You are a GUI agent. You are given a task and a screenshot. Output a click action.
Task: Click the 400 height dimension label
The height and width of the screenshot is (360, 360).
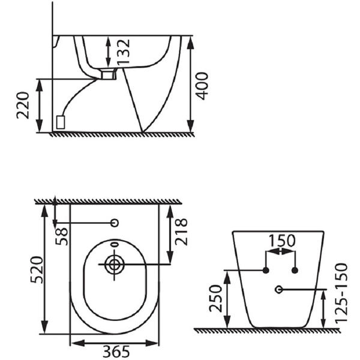tap(203, 86)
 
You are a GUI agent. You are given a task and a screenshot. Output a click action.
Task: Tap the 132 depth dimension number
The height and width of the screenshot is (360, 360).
tap(123, 52)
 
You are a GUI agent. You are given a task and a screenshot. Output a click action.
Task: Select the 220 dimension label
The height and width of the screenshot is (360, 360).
tap(23, 105)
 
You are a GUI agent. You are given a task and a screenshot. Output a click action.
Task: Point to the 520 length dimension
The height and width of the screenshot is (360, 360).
tap(37, 270)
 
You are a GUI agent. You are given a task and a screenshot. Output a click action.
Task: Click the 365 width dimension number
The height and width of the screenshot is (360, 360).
tap(116, 351)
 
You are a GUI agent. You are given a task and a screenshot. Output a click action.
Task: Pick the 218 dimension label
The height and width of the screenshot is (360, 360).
tap(181, 232)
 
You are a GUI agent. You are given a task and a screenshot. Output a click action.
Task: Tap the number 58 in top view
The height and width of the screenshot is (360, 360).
tap(62, 236)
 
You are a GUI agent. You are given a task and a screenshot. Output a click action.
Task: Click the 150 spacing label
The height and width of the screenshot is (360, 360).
tap(282, 241)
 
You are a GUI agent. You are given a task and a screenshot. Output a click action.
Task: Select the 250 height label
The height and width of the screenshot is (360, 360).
tap(216, 298)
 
